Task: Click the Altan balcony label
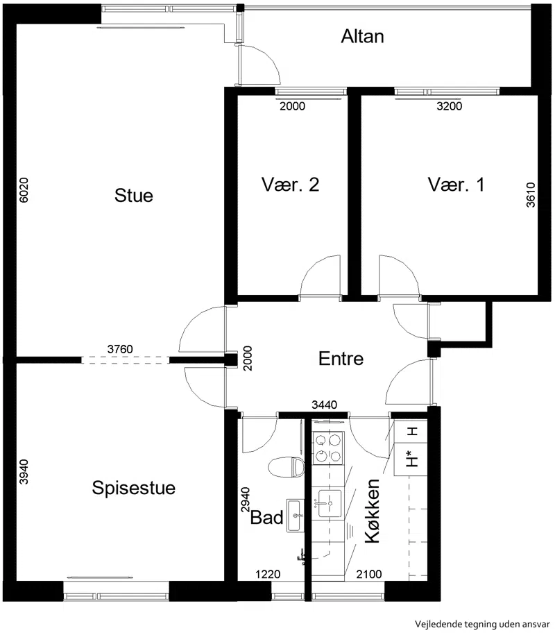coord(362,37)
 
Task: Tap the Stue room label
coord(134,196)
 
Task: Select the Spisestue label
coord(134,488)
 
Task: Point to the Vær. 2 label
coord(290,185)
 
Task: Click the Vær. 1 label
coord(456,185)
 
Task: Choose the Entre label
coord(341,359)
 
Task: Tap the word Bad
coord(267,518)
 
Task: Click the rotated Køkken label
coord(373,511)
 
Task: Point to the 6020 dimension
coord(24,190)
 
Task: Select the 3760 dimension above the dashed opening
coord(120,349)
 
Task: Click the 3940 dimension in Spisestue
coord(24,472)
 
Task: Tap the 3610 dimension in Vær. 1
coord(531,195)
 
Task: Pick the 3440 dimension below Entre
coord(324,405)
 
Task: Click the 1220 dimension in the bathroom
coord(268,574)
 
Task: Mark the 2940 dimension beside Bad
coord(246,500)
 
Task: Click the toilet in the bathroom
coord(287,467)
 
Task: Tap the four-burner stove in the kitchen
coord(328,448)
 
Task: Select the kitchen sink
coord(329,503)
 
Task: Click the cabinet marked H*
coord(411,459)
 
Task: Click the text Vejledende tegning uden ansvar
coord(482,624)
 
